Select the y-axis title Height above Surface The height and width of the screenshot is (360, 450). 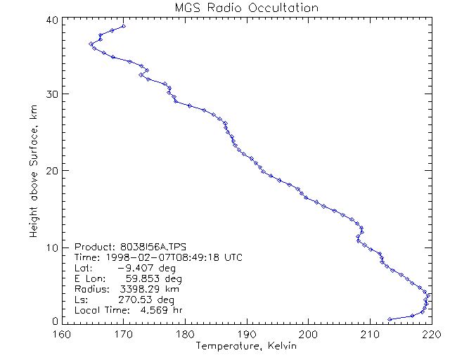[33, 168]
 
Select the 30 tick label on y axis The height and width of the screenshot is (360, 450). [51, 94]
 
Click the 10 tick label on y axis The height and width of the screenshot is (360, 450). [51, 247]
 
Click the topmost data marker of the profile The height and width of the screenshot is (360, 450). [124, 26]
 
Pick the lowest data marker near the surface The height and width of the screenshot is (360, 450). [390, 319]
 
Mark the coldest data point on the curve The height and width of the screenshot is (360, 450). [91, 44]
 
